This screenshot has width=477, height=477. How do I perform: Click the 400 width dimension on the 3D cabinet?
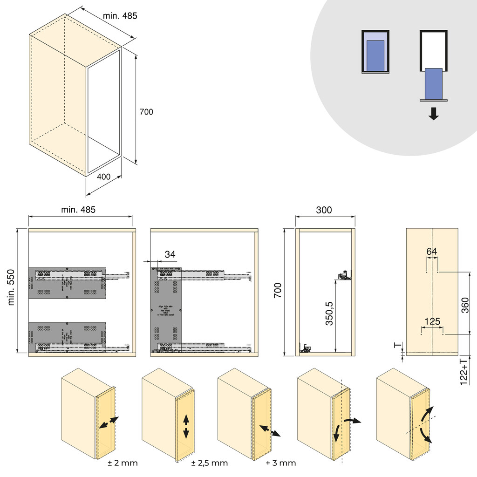point(104,177)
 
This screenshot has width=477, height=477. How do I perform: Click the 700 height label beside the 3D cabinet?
point(146,112)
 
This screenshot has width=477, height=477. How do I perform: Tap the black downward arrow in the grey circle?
point(434,114)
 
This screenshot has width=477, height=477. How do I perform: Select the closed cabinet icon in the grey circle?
point(375,52)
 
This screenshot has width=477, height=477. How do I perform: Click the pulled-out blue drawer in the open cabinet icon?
point(434,84)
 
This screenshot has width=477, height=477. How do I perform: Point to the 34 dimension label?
point(170,254)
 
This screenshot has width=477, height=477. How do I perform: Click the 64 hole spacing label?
point(432,252)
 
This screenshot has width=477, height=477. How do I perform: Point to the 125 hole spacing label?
point(432,321)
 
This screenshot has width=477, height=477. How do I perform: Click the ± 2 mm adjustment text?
point(123,463)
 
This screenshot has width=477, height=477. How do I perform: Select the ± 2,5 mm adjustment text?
point(210,463)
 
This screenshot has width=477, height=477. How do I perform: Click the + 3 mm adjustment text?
point(281,463)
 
